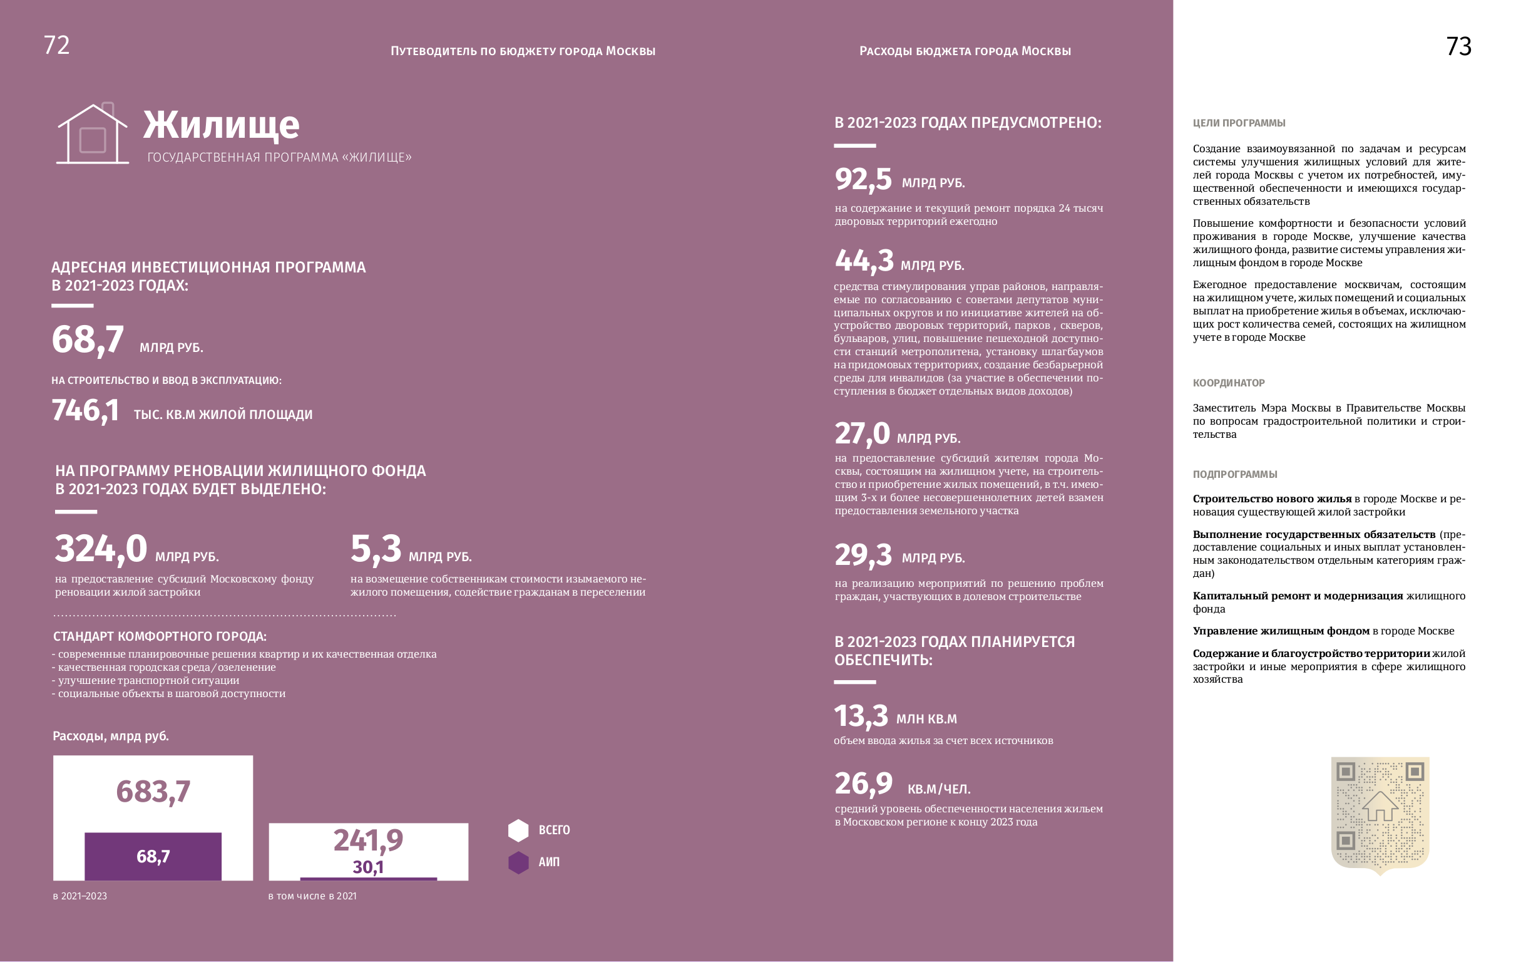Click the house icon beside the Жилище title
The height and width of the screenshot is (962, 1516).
click(x=93, y=133)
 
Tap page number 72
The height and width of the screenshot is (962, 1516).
click(x=56, y=45)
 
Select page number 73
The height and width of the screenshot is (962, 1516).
click(x=1458, y=46)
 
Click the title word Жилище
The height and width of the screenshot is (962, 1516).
click(x=221, y=125)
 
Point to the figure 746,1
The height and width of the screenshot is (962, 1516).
click(x=85, y=411)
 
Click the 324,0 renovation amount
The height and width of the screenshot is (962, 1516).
click(x=101, y=549)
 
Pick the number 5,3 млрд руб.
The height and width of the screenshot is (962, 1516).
click(x=376, y=549)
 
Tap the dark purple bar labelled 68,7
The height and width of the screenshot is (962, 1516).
click(x=153, y=856)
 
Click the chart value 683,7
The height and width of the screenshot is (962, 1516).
click(x=153, y=792)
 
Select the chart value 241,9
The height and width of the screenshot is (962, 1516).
click(x=367, y=840)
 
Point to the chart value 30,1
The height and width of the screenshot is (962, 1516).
click(x=367, y=867)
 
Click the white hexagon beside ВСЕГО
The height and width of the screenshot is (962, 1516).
click(x=518, y=830)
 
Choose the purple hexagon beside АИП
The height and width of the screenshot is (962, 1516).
click(x=518, y=862)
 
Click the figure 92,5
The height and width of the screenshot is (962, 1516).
click(x=863, y=180)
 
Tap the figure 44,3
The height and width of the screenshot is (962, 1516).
click(x=864, y=261)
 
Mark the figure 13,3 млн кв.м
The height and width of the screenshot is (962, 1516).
click(x=861, y=716)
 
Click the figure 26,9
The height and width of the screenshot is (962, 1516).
click(x=863, y=784)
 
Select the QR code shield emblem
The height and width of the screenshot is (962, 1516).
click(x=1380, y=815)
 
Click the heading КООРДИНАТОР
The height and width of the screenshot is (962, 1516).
click(x=1228, y=383)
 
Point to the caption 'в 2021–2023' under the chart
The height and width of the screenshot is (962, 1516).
click(x=80, y=896)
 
